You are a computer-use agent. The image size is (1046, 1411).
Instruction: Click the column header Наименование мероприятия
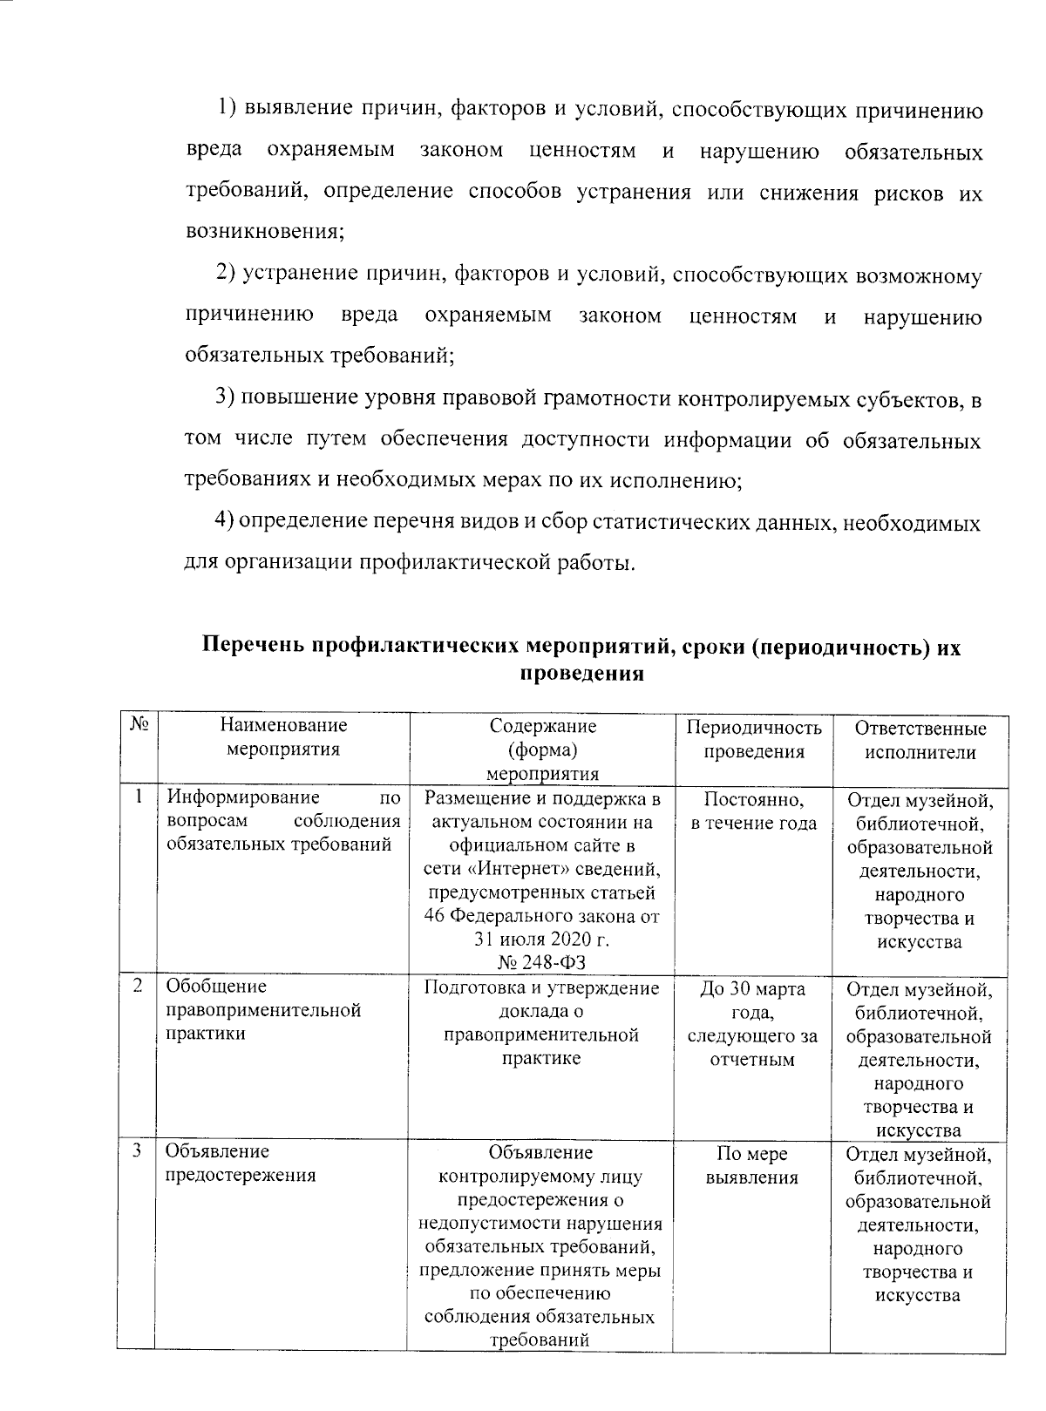pyautogui.click(x=282, y=737)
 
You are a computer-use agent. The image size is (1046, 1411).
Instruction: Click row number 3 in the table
pyautogui.click(x=138, y=1150)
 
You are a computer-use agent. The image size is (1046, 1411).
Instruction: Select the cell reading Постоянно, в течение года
pyautogui.click(x=754, y=811)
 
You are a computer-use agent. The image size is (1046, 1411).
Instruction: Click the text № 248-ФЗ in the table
pyautogui.click(x=541, y=962)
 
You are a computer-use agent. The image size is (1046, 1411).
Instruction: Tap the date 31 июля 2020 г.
pyautogui.click(x=541, y=940)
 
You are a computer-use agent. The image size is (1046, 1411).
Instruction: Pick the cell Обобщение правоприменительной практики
pyautogui.click(x=263, y=1010)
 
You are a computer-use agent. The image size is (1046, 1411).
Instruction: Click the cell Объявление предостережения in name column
pyautogui.click(x=240, y=1163)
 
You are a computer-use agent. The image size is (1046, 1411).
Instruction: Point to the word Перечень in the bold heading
pyautogui.click(x=254, y=647)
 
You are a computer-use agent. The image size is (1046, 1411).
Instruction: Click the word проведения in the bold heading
pyautogui.click(x=581, y=673)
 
